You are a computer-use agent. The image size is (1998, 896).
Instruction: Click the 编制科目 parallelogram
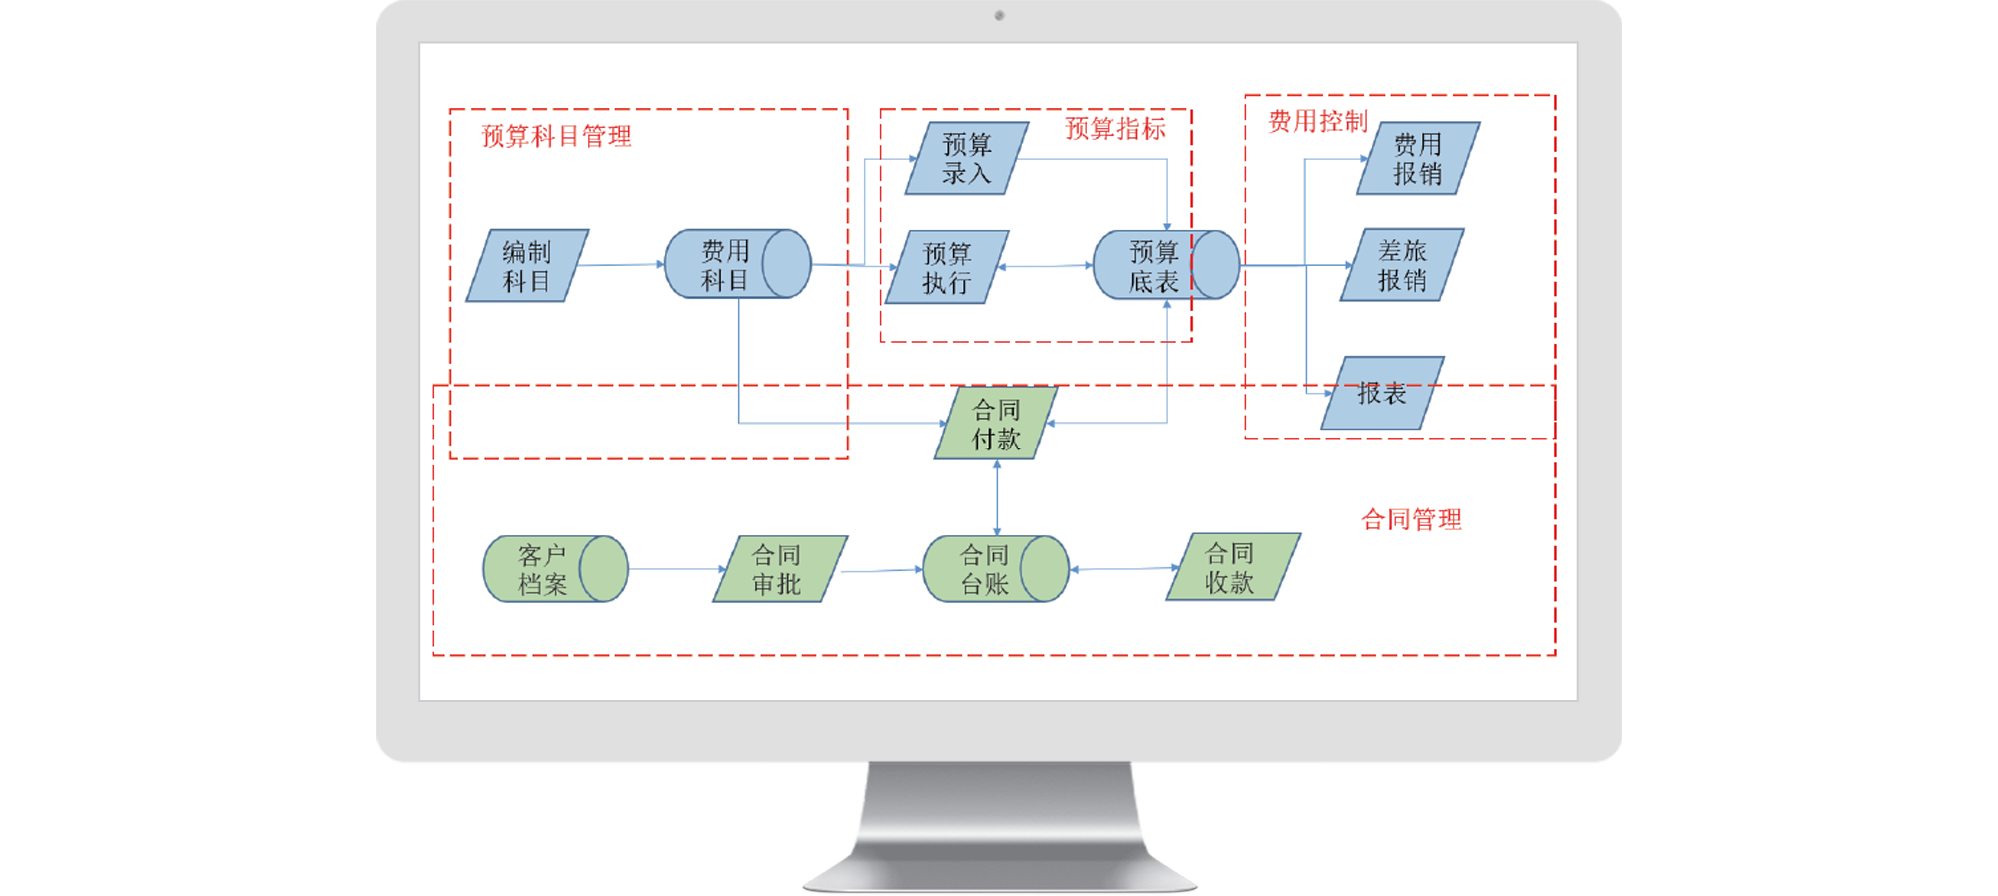click(527, 266)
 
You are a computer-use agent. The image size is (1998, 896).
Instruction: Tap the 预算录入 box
click(966, 158)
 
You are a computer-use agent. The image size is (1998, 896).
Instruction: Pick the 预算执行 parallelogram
click(946, 267)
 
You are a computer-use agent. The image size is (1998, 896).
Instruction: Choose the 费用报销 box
click(1418, 158)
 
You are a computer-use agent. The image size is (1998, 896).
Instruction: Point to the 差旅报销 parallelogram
click(1402, 265)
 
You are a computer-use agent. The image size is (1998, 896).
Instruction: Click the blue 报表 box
click(1382, 394)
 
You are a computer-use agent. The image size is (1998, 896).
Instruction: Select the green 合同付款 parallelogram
click(996, 424)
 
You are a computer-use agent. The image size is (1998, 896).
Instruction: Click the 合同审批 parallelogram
click(779, 569)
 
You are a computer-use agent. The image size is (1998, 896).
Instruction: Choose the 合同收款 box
click(1232, 567)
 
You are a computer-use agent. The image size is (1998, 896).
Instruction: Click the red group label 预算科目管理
click(556, 136)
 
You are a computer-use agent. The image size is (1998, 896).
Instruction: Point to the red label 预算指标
click(1115, 129)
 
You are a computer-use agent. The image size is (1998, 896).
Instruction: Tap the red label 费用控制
click(1317, 122)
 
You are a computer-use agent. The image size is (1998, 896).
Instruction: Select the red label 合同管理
click(1411, 519)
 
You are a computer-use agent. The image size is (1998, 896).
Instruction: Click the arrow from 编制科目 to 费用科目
click(621, 265)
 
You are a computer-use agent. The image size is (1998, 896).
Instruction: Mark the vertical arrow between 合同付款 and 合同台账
click(997, 497)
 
